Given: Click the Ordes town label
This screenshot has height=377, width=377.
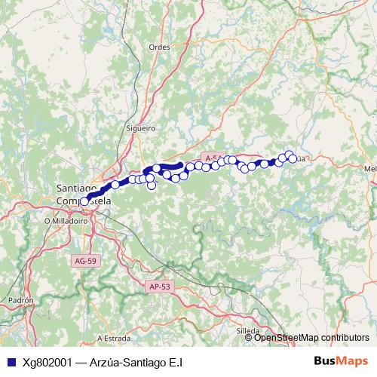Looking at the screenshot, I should point(160,46).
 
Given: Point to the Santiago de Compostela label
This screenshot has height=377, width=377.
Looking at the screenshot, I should point(83,195).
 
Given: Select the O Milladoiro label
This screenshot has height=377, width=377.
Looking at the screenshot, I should point(66,221).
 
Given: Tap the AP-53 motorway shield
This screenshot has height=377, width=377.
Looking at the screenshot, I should point(159,287).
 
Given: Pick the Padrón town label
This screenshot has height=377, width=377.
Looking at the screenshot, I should point(21,300).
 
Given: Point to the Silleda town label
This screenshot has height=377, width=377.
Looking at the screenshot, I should point(247,330).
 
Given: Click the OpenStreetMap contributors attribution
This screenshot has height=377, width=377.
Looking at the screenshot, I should point(311,338).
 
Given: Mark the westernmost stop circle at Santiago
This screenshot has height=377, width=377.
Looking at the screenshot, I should point(84,201).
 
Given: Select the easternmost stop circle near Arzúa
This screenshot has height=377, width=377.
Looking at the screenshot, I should point(293,159).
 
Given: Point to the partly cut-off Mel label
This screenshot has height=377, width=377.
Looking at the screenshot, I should point(369,169).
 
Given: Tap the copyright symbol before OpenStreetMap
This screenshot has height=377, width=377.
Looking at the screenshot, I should point(249,338).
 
